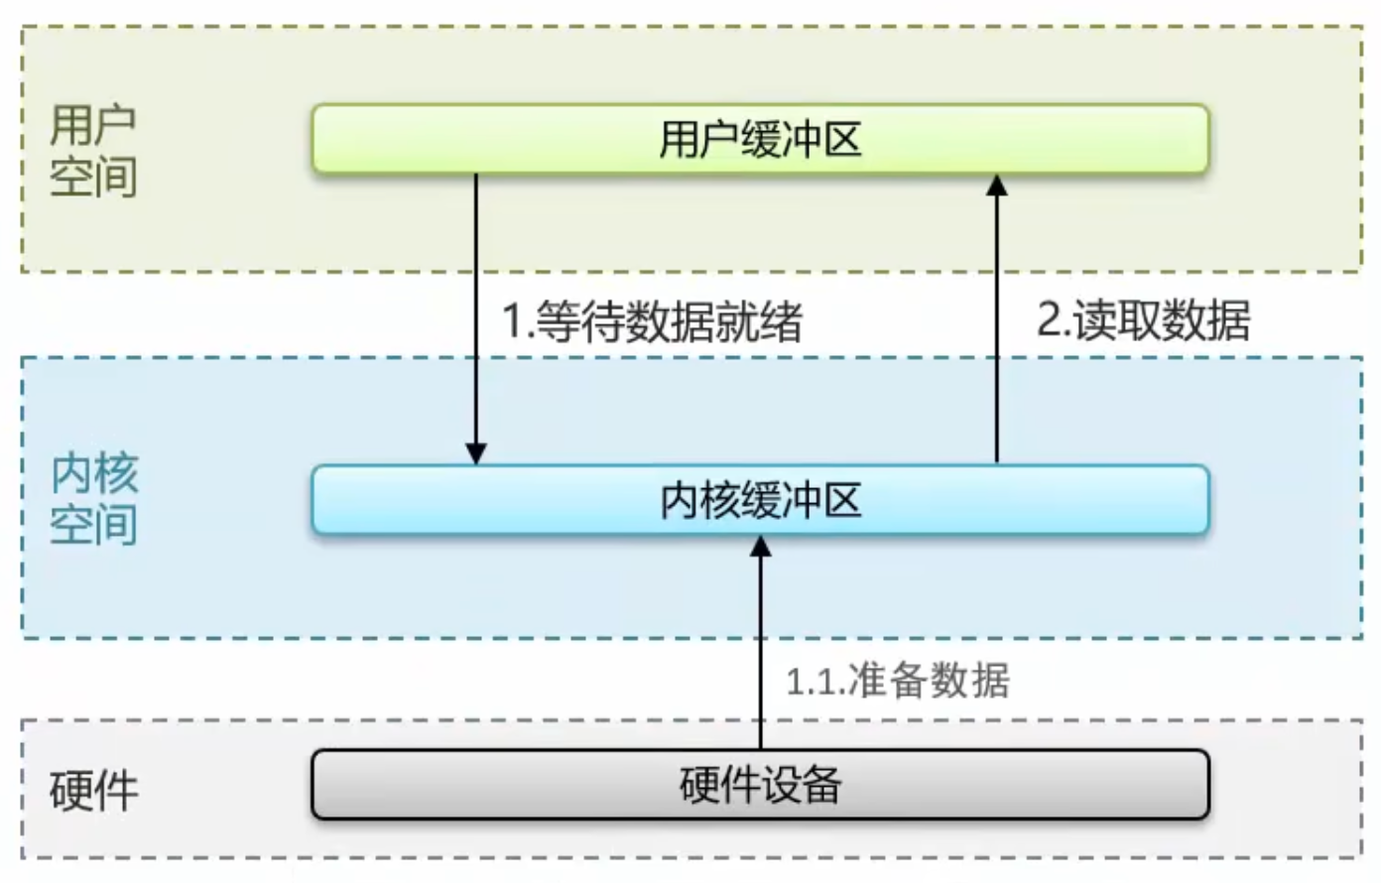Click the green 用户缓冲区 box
(x=760, y=139)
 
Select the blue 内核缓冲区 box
(x=760, y=499)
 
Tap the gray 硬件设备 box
(x=760, y=785)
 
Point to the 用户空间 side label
(x=93, y=151)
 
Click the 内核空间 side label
(x=93, y=499)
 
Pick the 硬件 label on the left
(x=93, y=791)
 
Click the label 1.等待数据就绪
(x=653, y=320)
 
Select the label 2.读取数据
(x=1144, y=319)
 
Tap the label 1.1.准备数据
(x=898, y=680)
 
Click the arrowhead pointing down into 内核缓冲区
(x=476, y=453)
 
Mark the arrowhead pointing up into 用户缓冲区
(x=997, y=186)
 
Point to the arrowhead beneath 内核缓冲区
(x=760, y=547)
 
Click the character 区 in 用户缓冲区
(x=842, y=139)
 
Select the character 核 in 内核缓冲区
(x=720, y=500)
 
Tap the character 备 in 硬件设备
(x=822, y=785)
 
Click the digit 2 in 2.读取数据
(x=1049, y=320)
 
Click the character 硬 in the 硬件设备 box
(x=699, y=785)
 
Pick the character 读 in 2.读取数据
(x=1095, y=319)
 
